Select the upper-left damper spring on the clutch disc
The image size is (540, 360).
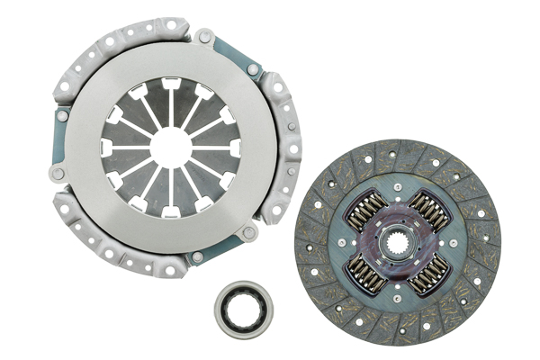(367, 210)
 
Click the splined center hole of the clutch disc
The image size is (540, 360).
(398, 241)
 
